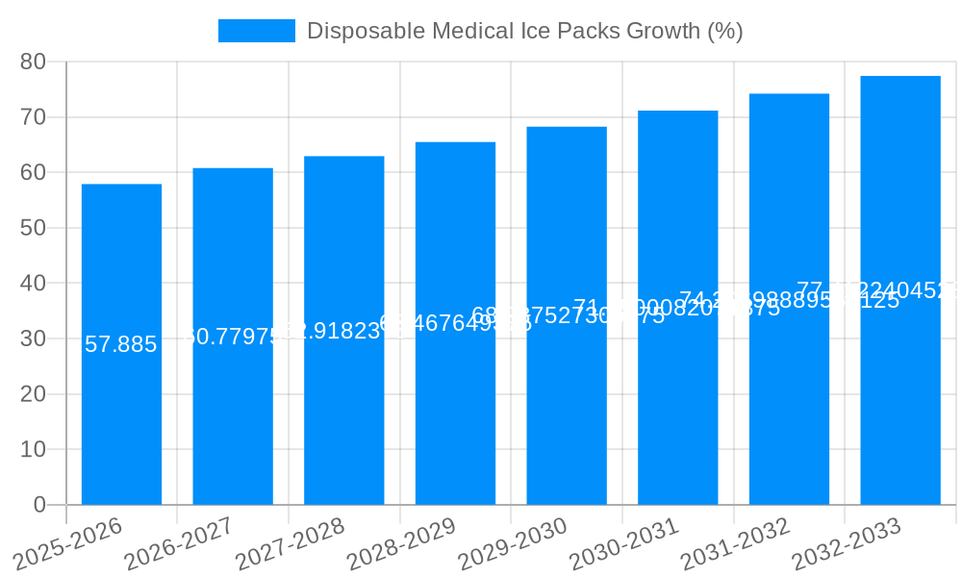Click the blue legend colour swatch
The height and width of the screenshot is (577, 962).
click(x=257, y=31)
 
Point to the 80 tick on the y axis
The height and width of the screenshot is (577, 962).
click(x=34, y=62)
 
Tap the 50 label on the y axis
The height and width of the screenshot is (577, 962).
click(x=34, y=228)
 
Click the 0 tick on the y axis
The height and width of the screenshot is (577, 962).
click(x=39, y=505)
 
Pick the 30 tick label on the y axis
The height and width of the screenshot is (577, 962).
click(x=34, y=339)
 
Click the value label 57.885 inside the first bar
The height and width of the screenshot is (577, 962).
click(x=121, y=344)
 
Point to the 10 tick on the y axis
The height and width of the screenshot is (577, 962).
click(x=34, y=449)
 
